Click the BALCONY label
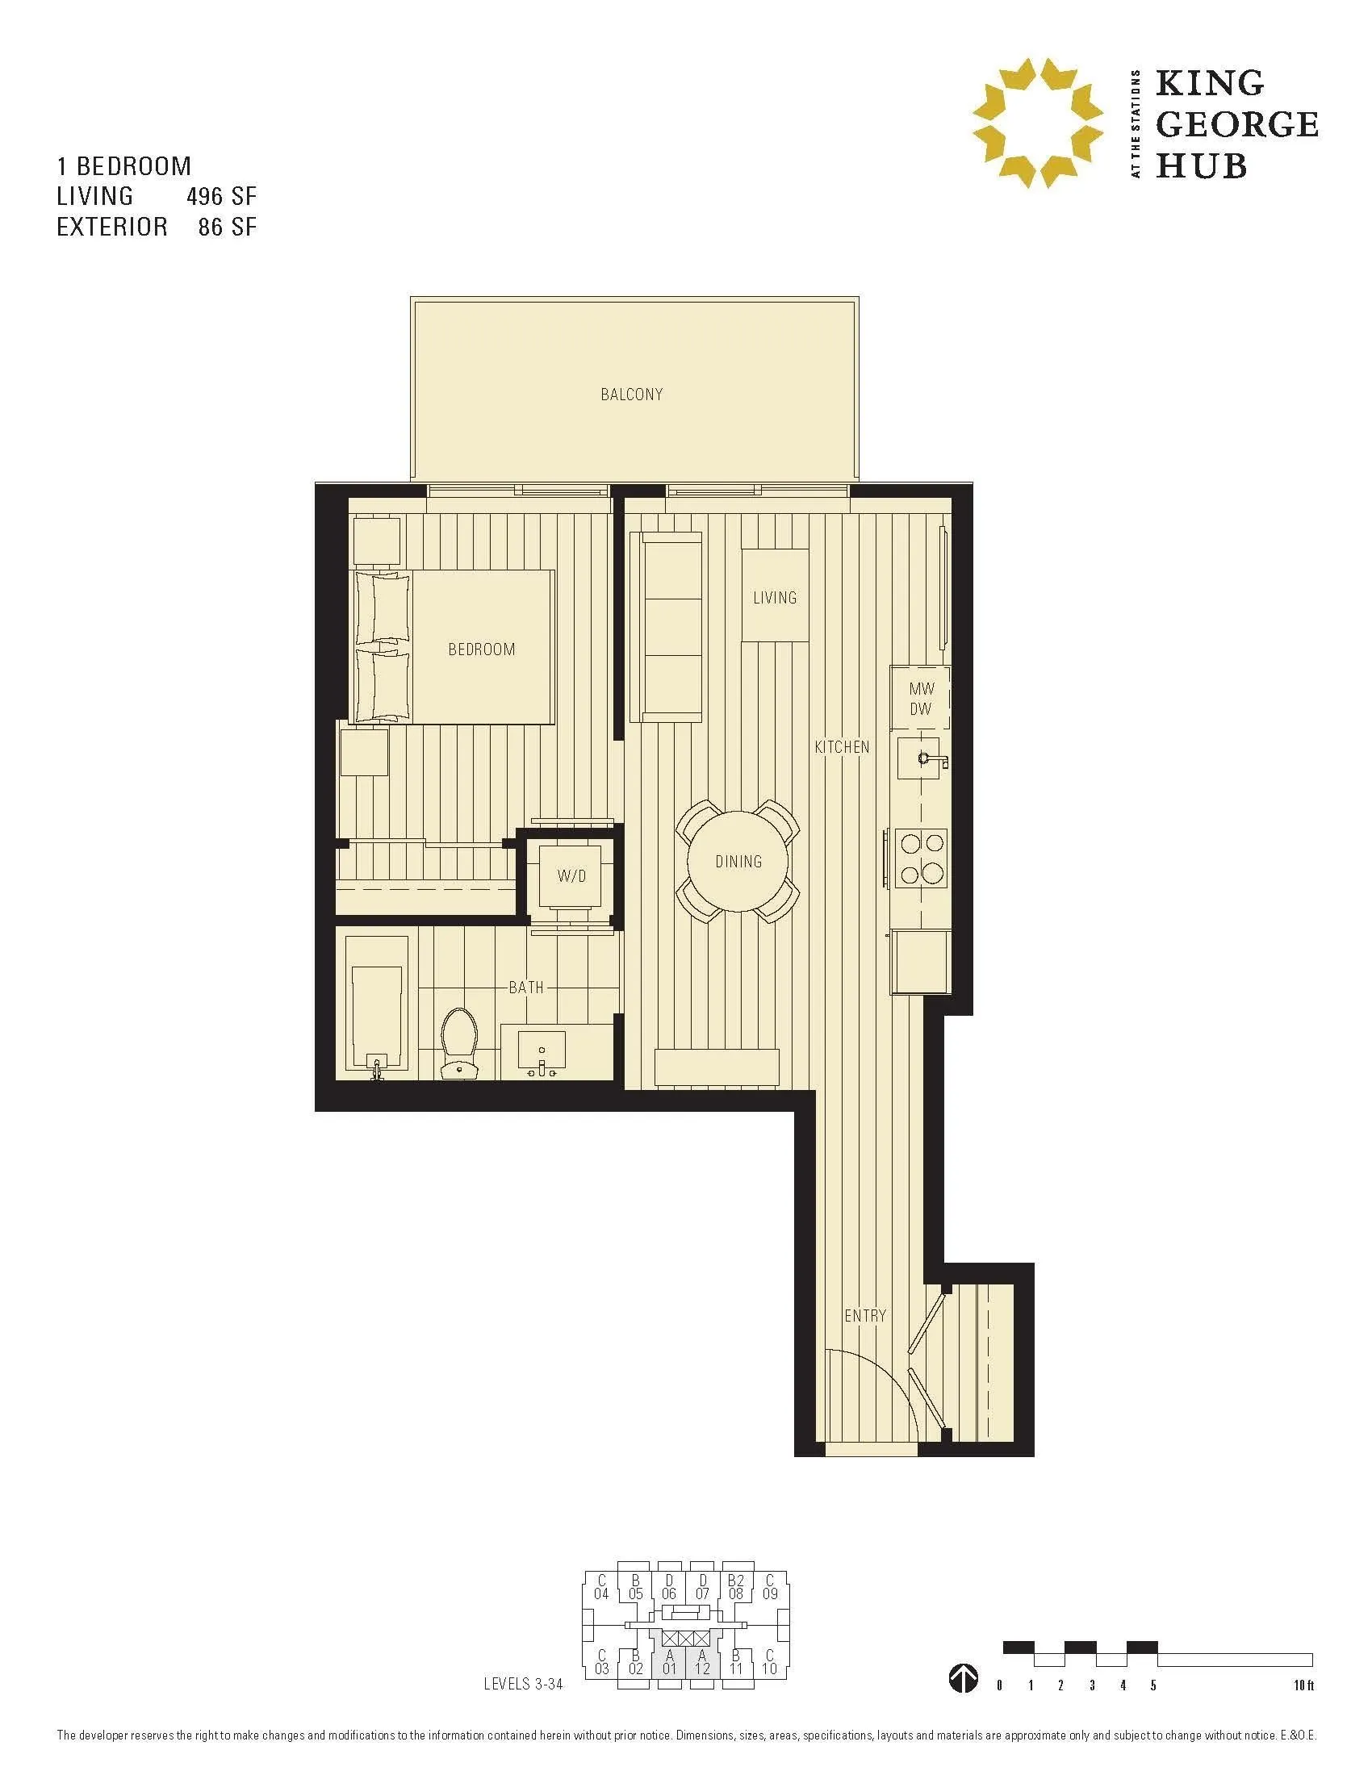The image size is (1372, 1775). [632, 395]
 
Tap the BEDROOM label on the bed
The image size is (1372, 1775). [481, 649]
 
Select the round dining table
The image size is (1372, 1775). [738, 862]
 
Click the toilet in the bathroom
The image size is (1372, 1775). [458, 1042]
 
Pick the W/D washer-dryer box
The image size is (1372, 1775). [571, 876]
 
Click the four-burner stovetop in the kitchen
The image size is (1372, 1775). [922, 858]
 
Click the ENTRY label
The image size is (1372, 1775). [865, 1315]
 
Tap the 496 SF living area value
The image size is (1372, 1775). [221, 196]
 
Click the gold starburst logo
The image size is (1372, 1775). [1038, 123]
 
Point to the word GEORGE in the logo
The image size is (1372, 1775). [1236, 124]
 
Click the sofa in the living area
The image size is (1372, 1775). [671, 627]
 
